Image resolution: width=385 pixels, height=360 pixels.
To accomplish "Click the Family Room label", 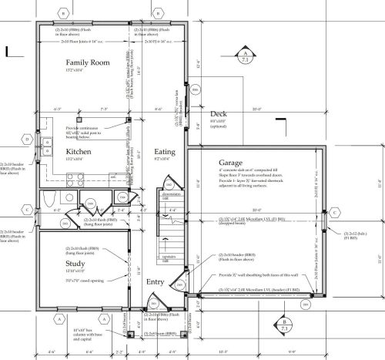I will (85, 62).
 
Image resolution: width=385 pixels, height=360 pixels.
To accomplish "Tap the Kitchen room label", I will (79, 152).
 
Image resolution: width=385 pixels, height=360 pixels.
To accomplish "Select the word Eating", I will (166, 152).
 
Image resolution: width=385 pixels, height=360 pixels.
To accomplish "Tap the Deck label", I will (219, 113).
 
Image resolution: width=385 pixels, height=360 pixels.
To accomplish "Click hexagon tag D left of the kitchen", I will (26, 140).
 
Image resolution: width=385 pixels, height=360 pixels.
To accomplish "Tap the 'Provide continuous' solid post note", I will (83, 128).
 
